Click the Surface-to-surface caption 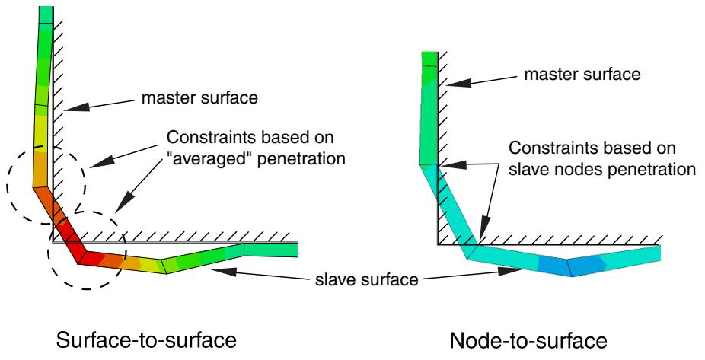[146, 340]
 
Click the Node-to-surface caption [528, 341]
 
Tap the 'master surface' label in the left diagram [199, 97]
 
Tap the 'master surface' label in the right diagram [582, 74]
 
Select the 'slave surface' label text [367, 279]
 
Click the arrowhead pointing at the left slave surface [222, 271]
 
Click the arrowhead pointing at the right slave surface [511, 271]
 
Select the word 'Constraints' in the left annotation [208, 137]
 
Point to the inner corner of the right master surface [438, 244]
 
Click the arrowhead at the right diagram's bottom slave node [481, 234]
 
